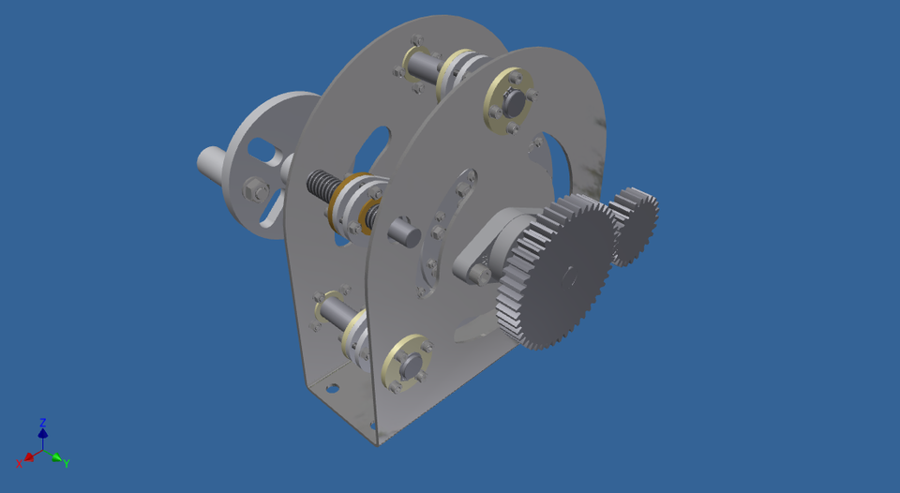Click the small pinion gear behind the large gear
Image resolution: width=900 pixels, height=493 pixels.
635,225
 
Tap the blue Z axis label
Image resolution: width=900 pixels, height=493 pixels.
43,423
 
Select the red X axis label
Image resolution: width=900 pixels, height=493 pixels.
20,463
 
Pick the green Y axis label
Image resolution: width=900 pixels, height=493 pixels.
67,463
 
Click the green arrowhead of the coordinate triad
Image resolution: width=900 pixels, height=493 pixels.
56,458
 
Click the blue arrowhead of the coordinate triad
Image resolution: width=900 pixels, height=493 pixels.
42,433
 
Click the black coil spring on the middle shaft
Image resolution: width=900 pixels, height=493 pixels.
321,187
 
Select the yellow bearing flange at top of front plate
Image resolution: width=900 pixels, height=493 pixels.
509,98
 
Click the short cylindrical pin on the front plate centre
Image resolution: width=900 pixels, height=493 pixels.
403,230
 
